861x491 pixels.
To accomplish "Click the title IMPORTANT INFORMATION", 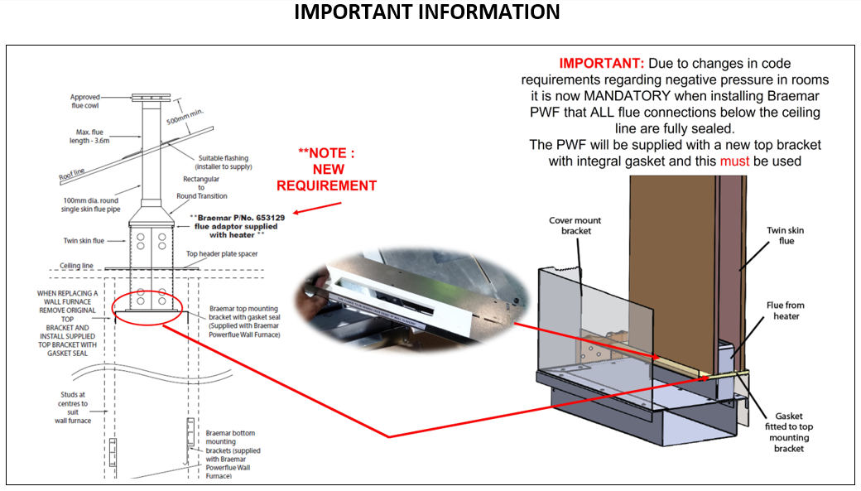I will click(427, 13).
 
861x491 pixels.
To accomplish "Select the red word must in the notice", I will click(734, 161).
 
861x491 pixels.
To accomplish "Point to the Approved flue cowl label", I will click(85, 102).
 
